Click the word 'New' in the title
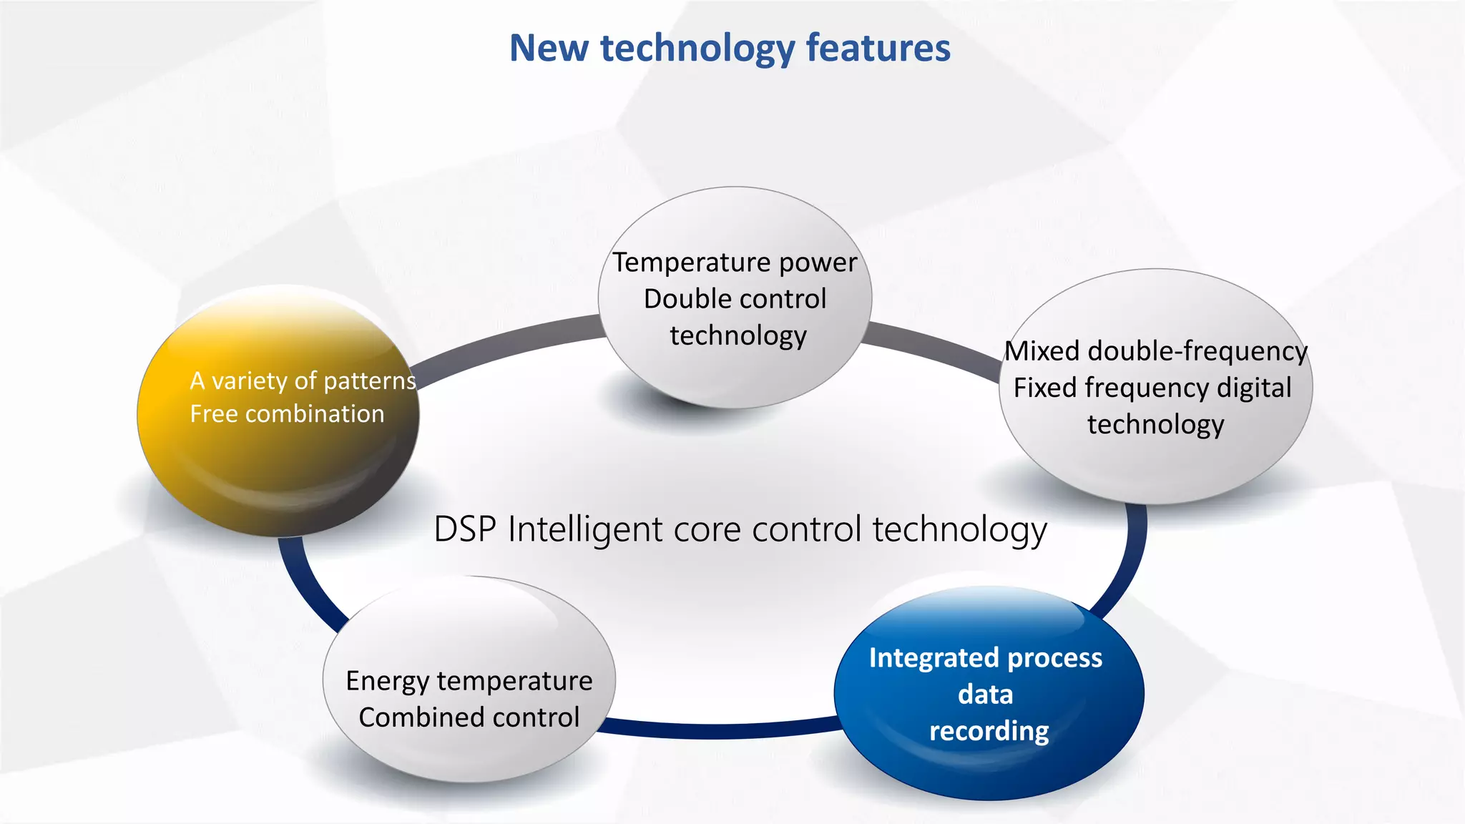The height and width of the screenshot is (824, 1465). (549, 48)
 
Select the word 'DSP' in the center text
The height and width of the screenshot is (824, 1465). (465, 530)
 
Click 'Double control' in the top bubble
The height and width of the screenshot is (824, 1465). (735, 299)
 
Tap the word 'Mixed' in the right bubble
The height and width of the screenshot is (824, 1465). (1042, 351)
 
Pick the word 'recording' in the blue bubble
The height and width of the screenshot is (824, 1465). (989, 731)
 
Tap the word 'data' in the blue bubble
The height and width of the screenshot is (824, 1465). (985, 695)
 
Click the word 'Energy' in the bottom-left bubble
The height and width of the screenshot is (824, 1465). (387, 681)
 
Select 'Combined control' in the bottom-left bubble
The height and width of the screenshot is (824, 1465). (469, 717)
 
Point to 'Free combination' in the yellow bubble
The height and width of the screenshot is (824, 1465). (287, 414)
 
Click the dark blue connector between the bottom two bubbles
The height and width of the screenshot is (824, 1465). (715, 730)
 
